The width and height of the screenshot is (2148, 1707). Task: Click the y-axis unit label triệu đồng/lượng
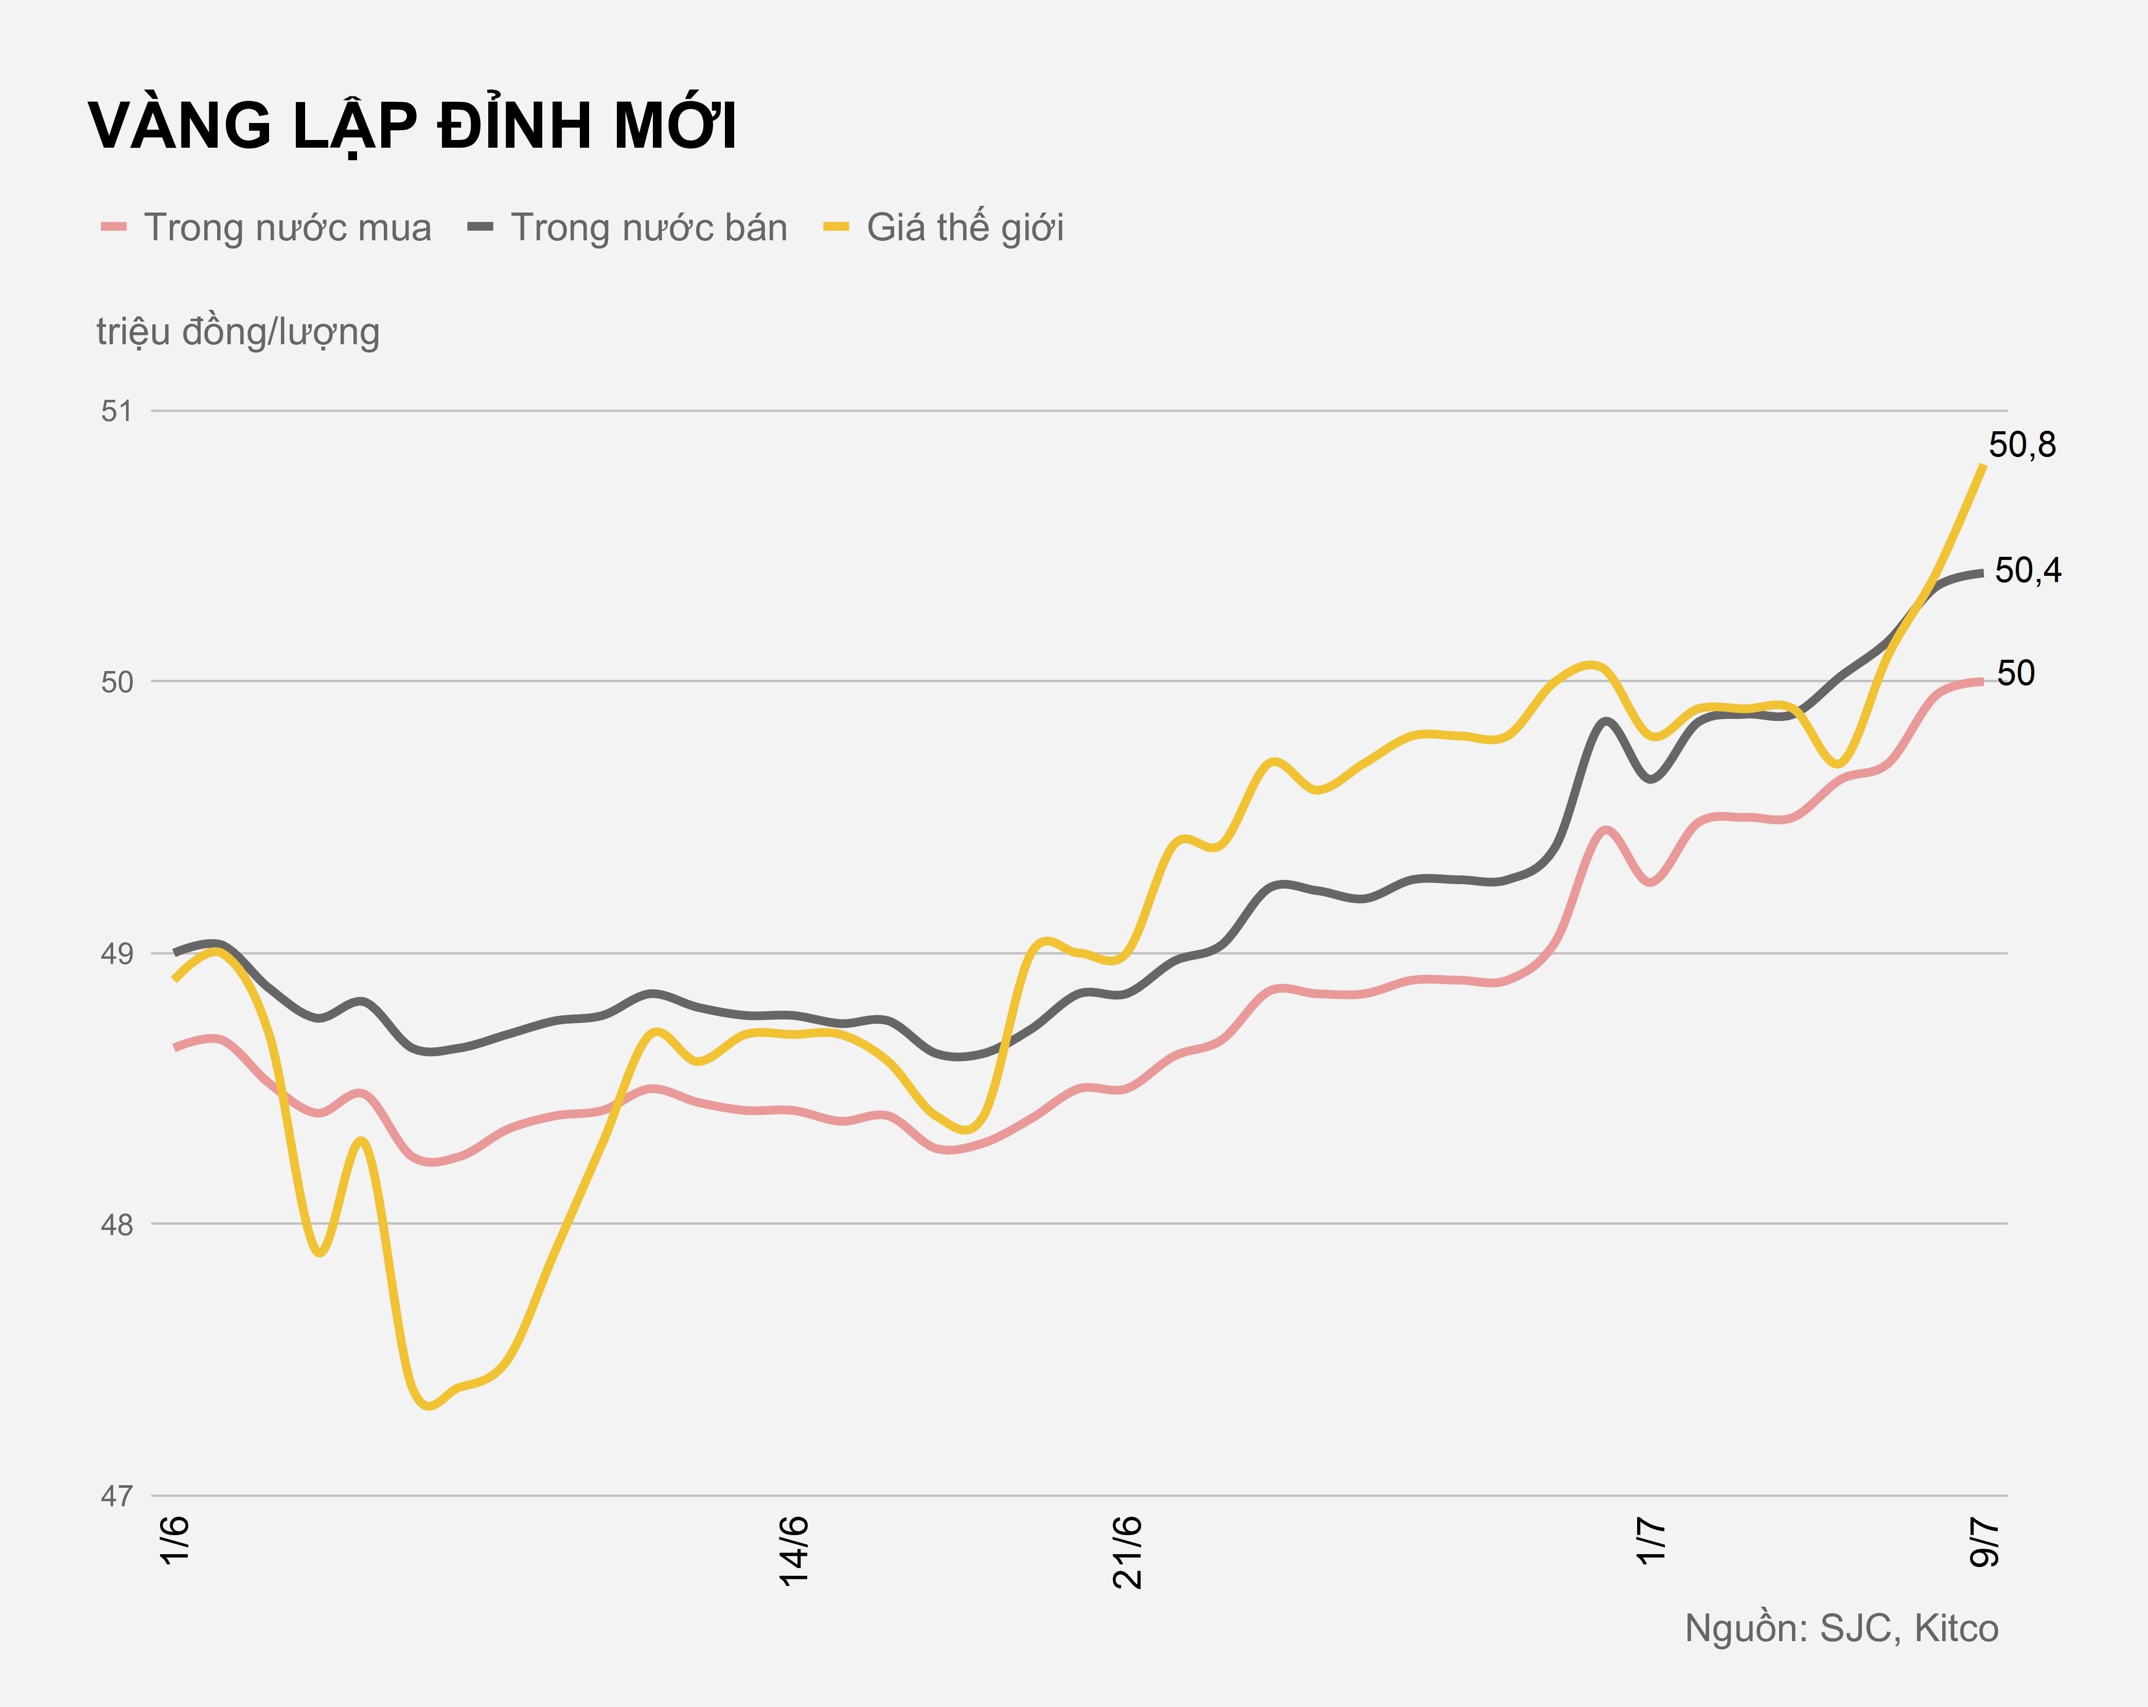[238, 332]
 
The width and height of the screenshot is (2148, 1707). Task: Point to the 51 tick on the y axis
[117, 411]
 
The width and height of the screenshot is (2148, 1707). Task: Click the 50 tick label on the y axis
[117, 682]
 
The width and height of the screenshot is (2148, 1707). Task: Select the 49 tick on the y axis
[117, 954]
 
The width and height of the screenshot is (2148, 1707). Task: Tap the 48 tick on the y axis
[117, 1225]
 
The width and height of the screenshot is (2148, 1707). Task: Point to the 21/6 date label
[1128, 1552]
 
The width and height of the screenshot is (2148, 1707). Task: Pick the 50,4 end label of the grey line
[2028, 571]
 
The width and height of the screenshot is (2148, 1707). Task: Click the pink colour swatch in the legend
[114, 228]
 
